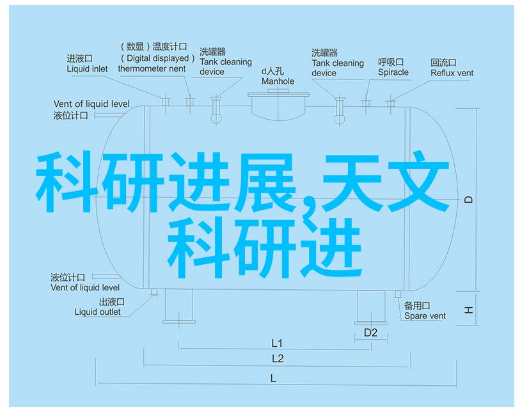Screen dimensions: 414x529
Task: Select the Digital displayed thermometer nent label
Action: (x=152, y=58)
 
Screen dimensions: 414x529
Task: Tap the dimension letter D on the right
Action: (x=469, y=200)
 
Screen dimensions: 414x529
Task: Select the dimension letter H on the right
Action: (x=469, y=310)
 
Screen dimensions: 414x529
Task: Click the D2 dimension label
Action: (x=371, y=332)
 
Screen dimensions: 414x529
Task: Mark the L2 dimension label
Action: (x=277, y=358)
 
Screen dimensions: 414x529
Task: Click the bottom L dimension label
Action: (x=273, y=378)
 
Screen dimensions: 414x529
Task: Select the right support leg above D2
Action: (x=370, y=305)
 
